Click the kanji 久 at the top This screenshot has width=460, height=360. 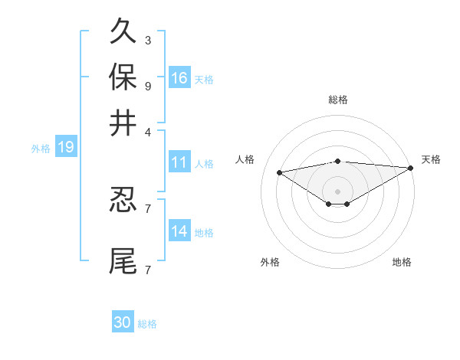pos(123,33)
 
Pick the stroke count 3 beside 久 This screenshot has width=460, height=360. pos(147,40)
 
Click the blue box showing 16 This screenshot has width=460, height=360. pos(179,78)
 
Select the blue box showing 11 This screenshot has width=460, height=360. pos(179,162)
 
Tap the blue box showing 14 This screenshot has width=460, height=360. pos(179,231)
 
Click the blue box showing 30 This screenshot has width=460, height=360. pos(123,322)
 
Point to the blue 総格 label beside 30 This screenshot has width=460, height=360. pos(147,324)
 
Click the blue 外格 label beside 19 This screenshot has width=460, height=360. pos(41,149)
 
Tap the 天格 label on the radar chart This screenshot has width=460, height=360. pos(431,159)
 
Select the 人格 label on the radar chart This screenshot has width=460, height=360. pos(245,159)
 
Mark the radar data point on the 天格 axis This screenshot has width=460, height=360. pos(412,168)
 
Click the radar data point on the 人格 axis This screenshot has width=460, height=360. pos(280,172)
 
